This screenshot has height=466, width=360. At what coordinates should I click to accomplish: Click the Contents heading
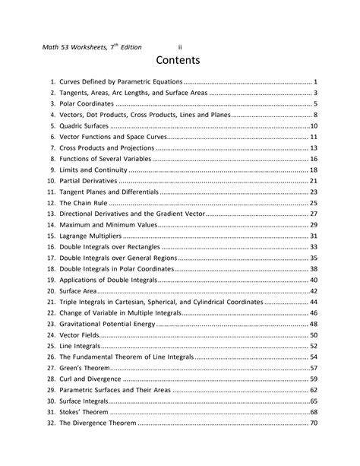coord(180,59)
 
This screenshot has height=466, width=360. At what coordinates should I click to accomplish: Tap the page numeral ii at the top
coord(180,47)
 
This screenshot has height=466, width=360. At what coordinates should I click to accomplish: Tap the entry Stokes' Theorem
coord(86,412)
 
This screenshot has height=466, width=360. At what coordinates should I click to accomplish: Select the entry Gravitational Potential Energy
coord(106,324)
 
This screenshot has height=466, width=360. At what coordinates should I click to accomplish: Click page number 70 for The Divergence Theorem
coord(313,423)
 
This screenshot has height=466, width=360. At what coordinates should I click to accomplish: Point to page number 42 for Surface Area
coord(313,291)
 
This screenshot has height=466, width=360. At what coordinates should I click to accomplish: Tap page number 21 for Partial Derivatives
coord(313,181)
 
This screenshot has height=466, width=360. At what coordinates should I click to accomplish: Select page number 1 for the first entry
coord(315,81)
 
